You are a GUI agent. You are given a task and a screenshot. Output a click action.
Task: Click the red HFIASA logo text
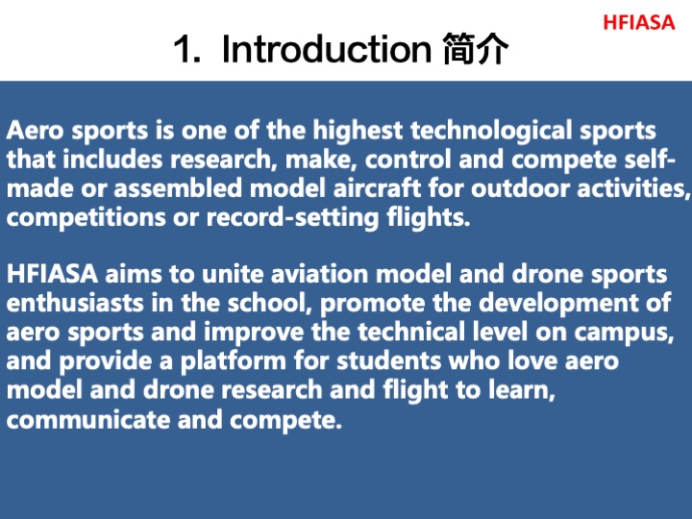coord(638,22)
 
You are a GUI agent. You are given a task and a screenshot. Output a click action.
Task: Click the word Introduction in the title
coord(326,49)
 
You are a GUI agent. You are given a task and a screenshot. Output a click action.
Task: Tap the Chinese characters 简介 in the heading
coord(476,49)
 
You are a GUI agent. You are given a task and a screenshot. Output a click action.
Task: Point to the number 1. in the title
coord(187,49)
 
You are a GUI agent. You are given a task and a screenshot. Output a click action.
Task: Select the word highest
coord(358,131)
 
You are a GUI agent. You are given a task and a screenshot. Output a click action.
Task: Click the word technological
coord(491,131)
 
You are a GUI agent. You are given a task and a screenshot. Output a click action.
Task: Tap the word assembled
coord(178,188)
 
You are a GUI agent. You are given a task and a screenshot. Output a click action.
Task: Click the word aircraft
coord(377,188)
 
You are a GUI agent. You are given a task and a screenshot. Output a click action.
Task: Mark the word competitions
coord(86,217)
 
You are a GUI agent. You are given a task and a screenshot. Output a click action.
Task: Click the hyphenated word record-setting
coord(292,217)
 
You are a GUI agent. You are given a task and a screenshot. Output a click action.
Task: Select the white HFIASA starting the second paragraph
coord(52,274)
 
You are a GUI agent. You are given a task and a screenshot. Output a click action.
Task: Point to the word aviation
coord(319,274)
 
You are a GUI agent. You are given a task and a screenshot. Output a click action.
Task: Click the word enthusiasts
coord(75,303)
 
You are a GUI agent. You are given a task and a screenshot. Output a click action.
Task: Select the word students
coord(388,361)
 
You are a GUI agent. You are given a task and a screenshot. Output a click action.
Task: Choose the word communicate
coord(88,419)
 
